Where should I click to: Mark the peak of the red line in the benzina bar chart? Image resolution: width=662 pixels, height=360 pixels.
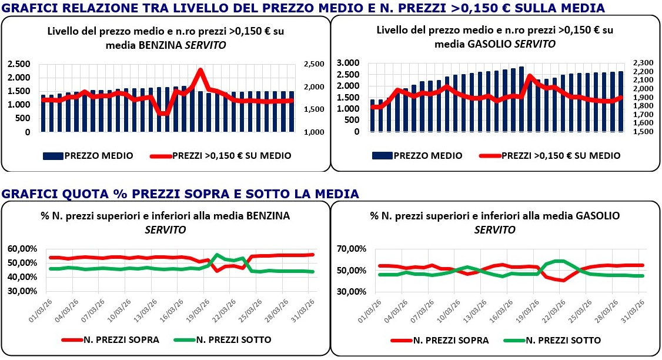(200, 70)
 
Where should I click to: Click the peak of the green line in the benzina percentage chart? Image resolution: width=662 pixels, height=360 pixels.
(217, 255)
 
